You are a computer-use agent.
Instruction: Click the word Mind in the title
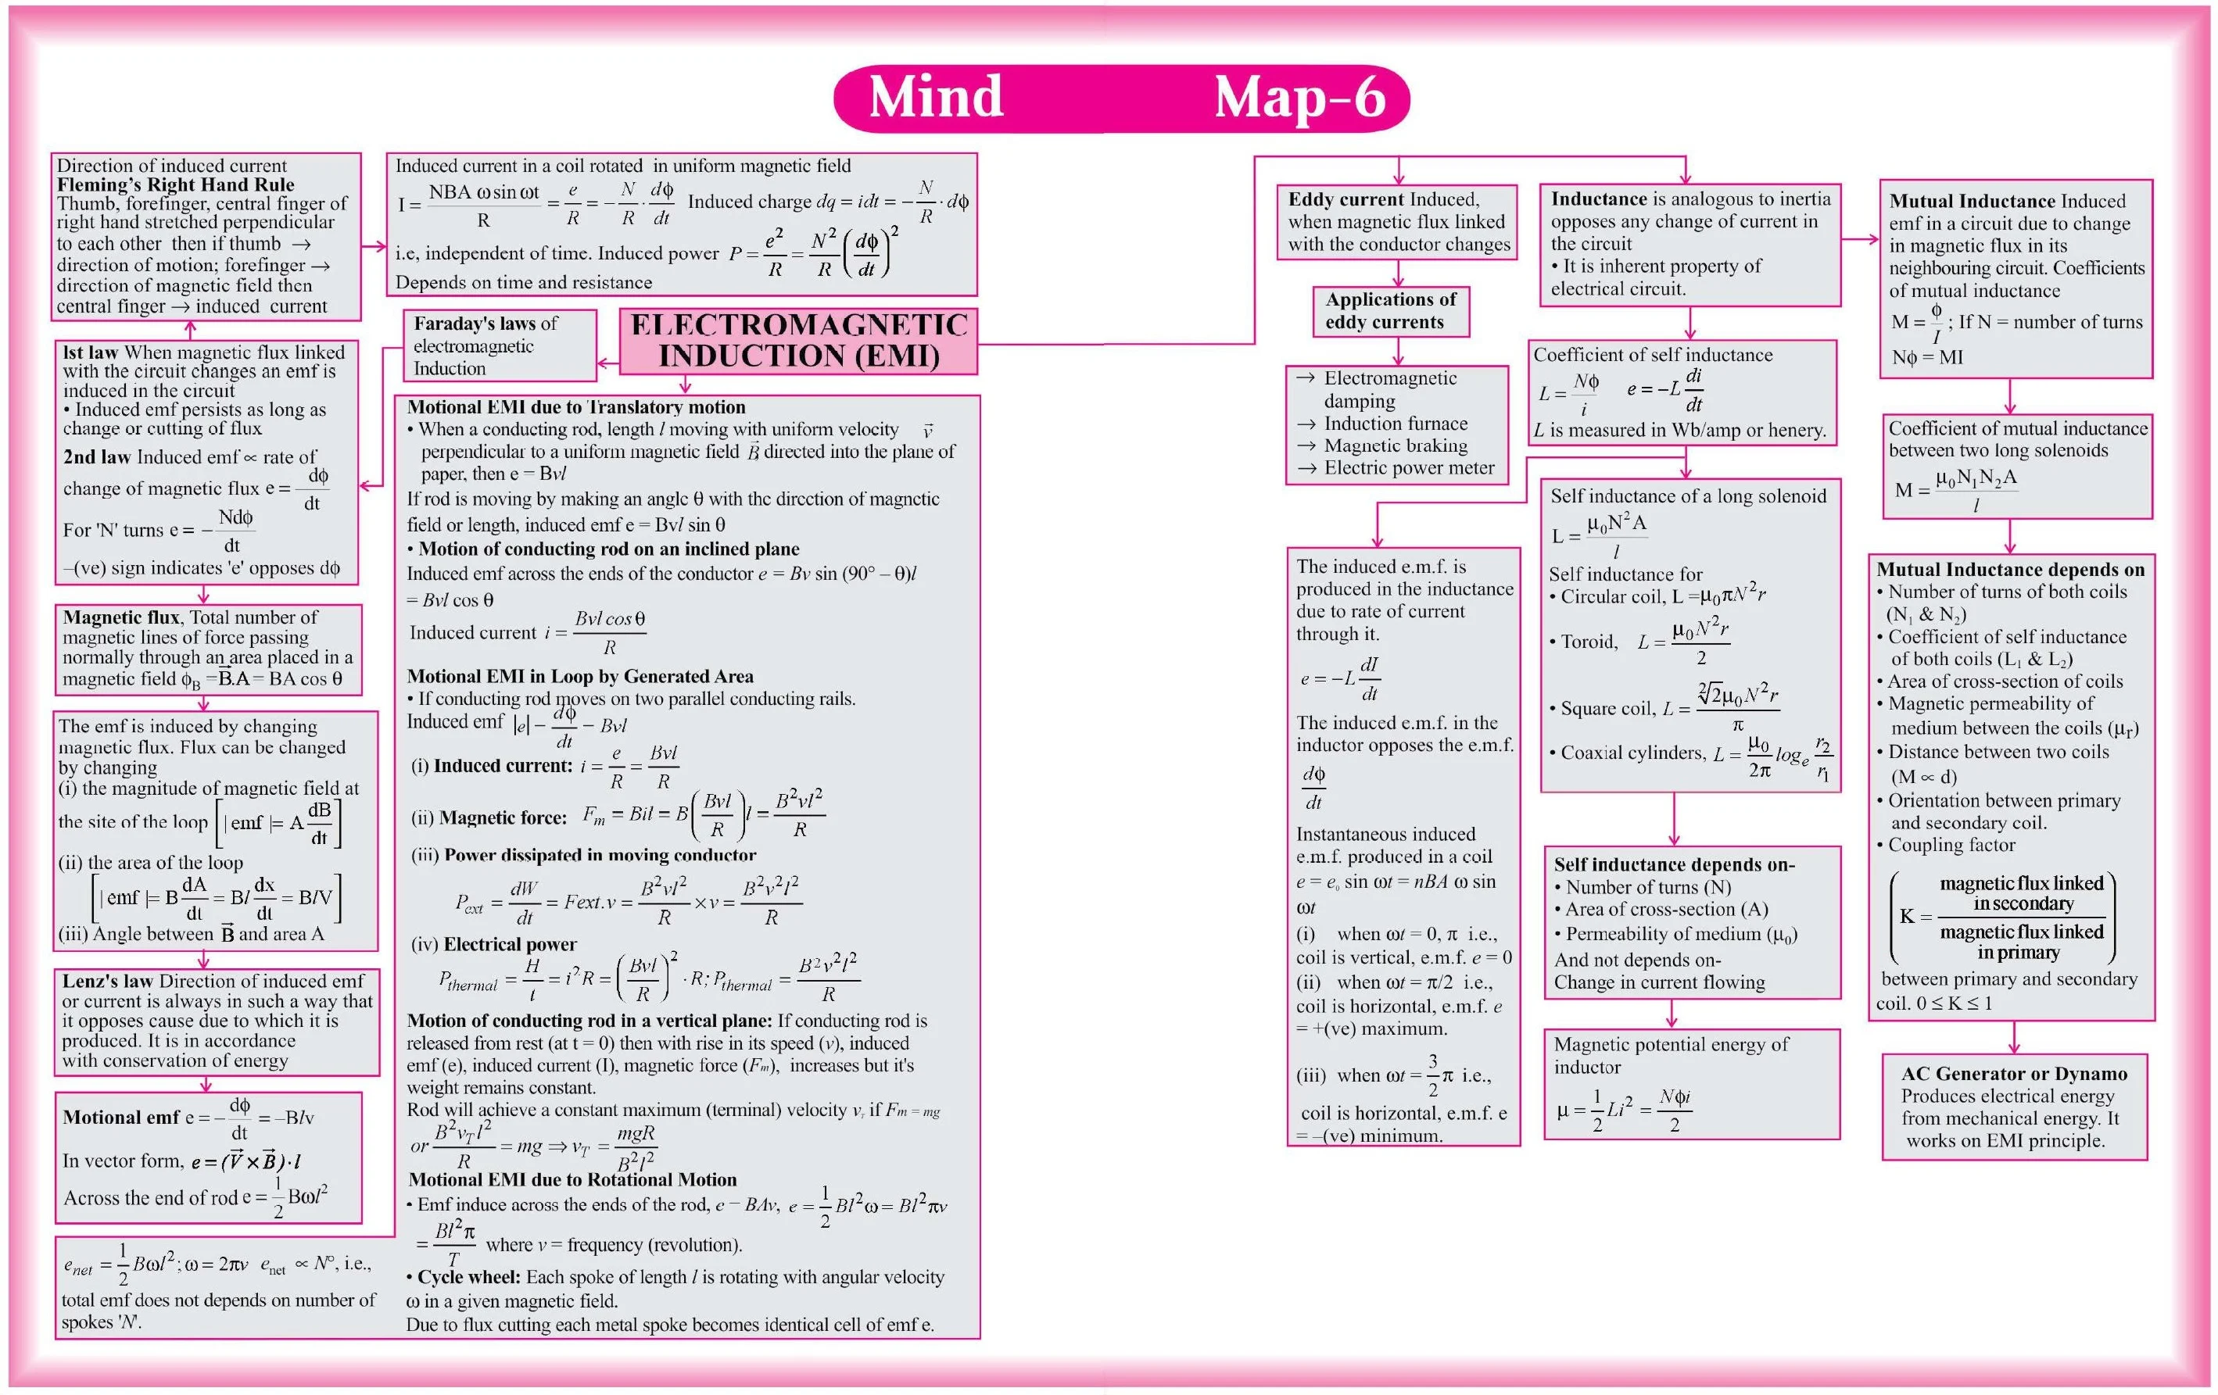(x=935, y=97)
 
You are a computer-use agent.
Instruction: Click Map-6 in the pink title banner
(x=1299, y=97)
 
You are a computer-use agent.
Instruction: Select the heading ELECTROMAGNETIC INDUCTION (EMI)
(x=798, y=341)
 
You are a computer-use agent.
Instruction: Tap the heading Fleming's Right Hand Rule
(x=175, y=184)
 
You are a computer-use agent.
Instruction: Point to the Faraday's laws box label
(x=486, y=324)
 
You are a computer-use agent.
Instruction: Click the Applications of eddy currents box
(x=1390, y=311)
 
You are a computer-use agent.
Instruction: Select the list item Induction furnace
(x=1396, y=424)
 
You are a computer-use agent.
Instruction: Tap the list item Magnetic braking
(x=1396, y=445)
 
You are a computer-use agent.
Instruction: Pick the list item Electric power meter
(x=1408, y=468)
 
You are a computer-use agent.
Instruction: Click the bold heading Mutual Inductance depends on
(x=2010, y=570)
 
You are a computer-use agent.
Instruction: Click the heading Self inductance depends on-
(x=1674, y=864)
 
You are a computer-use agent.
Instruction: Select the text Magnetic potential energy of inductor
(x=1670, y=1055)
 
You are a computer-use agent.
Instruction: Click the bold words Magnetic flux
(x=120, y=617)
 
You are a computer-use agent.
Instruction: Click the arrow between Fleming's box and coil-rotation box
(x=373, y=247)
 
